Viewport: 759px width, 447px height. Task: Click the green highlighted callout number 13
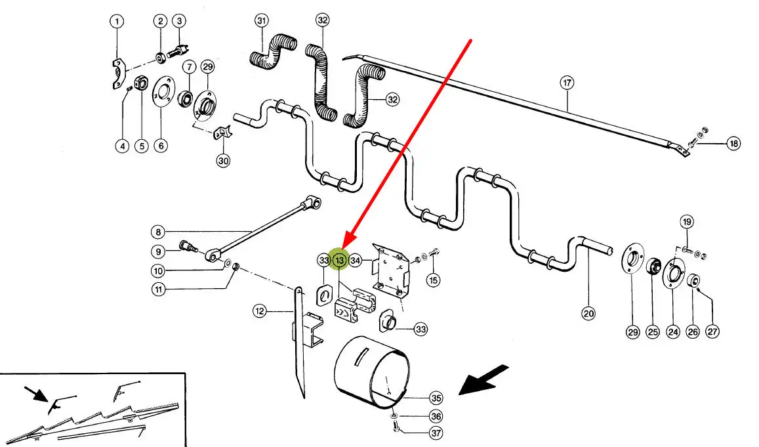click(x=340, y=261)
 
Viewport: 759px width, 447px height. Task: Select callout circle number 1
click(x=116, y=22)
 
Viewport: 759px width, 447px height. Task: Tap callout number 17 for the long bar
click(x=567, y=83)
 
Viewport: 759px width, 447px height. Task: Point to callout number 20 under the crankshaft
click(x=588, y=314)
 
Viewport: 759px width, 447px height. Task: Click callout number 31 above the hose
click(x=262, y=21)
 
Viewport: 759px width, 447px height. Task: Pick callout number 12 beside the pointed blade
click(x=260, y=312)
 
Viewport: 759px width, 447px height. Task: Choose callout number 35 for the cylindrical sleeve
click(x=436, y=398)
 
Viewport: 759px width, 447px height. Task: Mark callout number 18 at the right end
click(x=733, y=144)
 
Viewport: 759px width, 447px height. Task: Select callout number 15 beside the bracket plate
click(x=432, y=280)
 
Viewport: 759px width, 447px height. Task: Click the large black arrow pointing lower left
click(x=484, y=381)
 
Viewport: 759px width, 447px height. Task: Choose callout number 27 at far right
click(x=712, y=332)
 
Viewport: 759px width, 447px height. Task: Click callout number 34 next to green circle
click(x=356, y=261)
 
